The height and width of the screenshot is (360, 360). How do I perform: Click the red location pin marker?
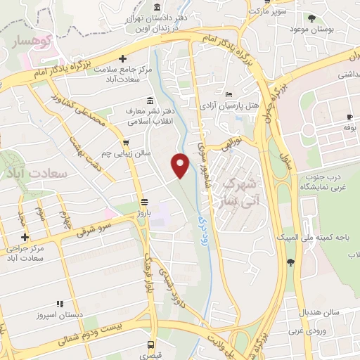coord(181,165)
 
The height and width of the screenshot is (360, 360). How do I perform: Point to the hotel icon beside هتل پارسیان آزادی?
coord(228,94)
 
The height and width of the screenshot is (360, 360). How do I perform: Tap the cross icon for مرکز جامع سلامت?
coord(123,59)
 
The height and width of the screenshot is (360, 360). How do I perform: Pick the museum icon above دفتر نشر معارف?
coord(149,100)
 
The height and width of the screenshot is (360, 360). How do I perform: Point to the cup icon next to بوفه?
coord(349,117)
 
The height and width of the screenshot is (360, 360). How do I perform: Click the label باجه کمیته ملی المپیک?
coord(325,238)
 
